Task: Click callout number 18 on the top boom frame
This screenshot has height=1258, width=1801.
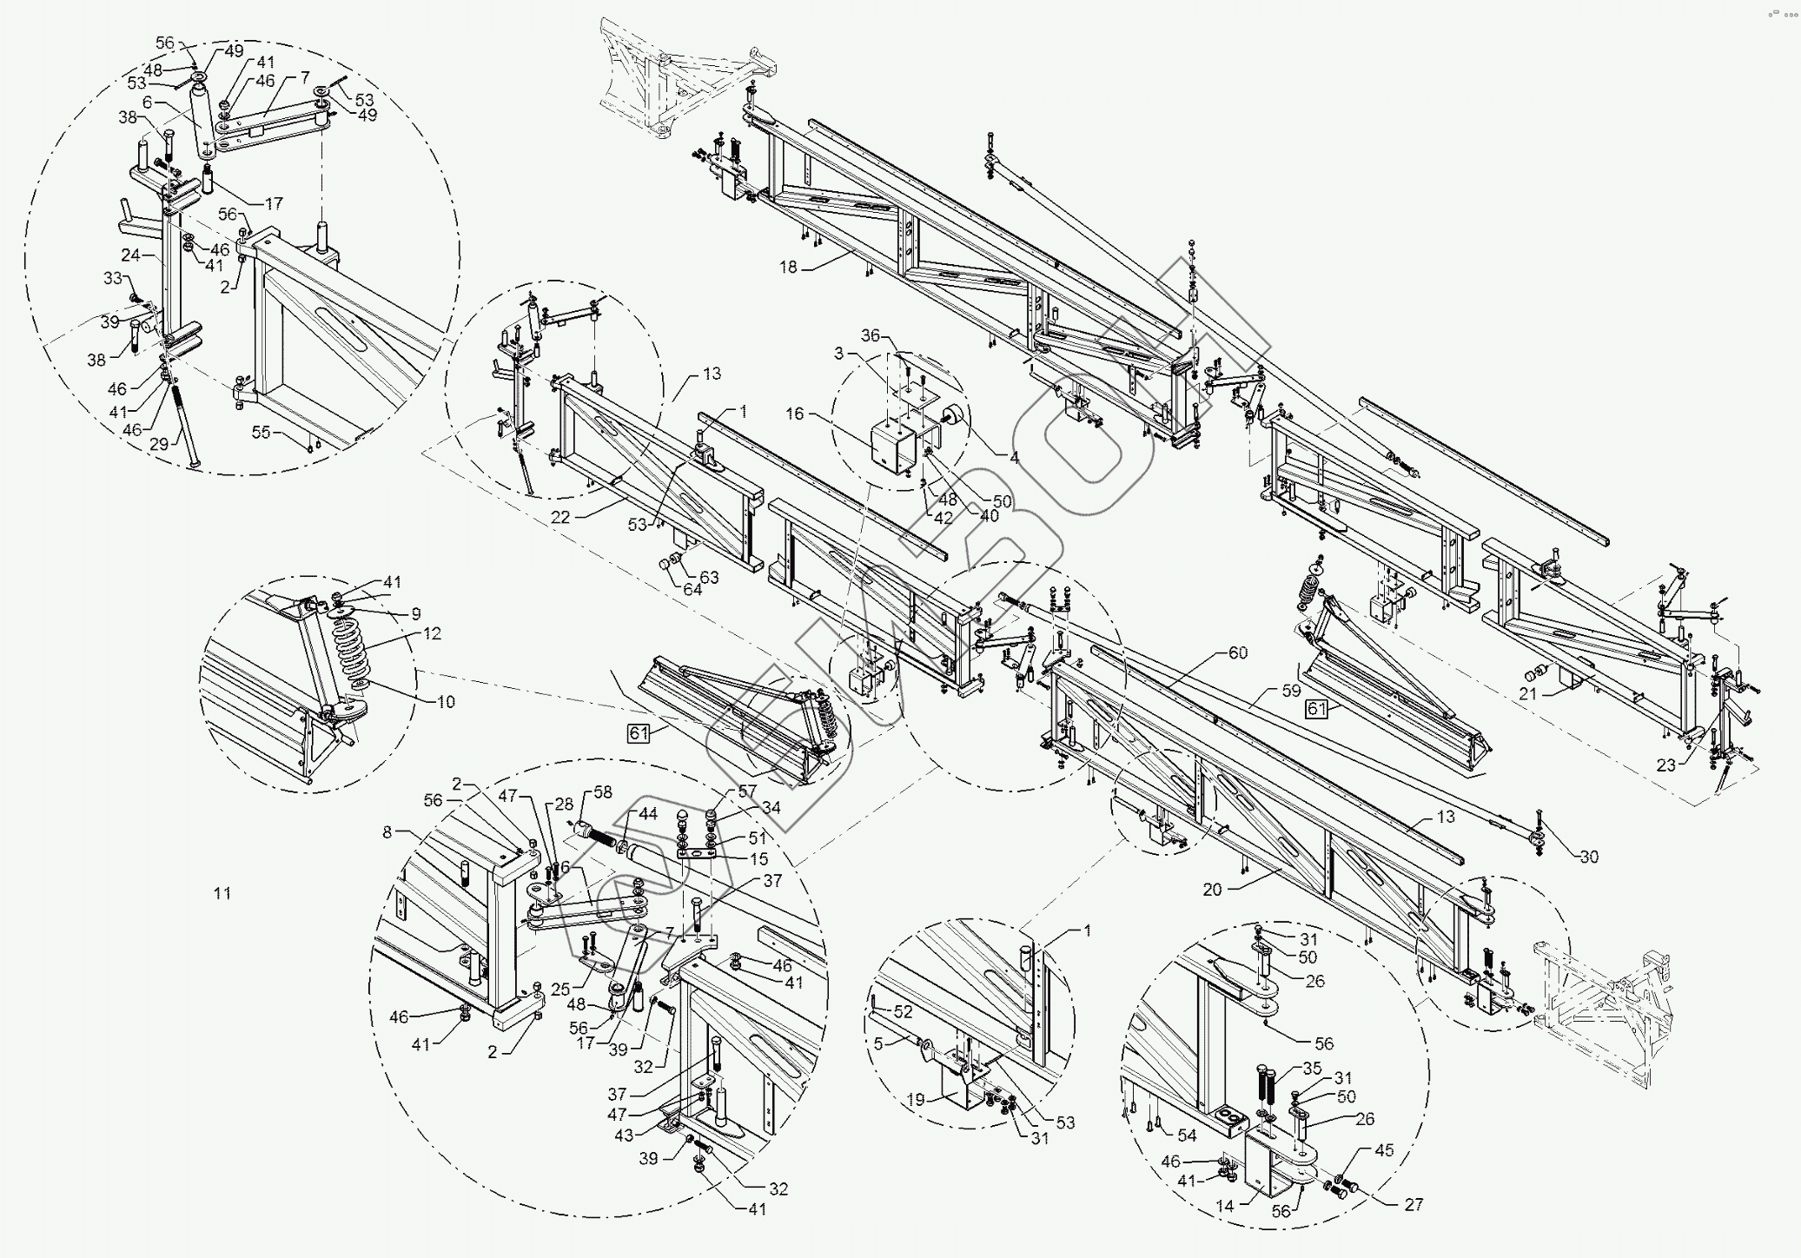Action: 787,268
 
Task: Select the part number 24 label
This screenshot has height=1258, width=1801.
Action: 130,255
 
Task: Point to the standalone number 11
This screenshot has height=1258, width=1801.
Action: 222,893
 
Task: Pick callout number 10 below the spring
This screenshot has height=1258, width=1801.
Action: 446,702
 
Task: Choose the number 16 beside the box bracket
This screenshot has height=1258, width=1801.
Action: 795,414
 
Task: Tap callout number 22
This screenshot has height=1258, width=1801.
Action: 560,517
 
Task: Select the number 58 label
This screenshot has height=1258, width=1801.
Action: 602,792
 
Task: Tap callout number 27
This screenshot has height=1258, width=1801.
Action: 1413,1205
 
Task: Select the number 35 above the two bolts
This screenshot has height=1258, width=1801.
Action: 1312,1069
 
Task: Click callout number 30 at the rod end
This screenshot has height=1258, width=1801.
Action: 1588,857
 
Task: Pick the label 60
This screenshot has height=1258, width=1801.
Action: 1237,652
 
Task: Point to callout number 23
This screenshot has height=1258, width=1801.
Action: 1665,765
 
